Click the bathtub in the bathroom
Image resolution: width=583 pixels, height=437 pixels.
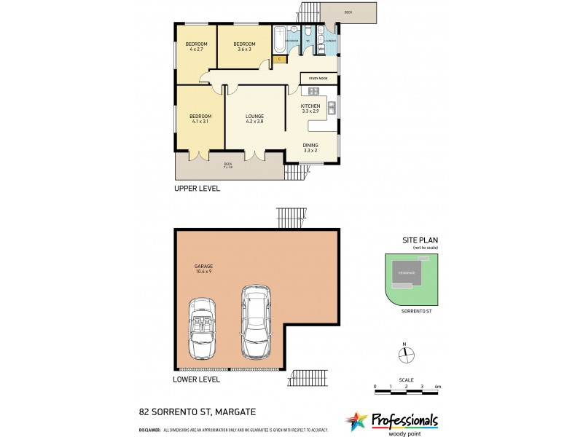click(281, 38)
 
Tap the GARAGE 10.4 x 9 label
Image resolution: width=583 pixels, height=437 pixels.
click(204, 267)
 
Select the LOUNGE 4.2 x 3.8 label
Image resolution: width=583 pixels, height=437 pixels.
click(254, 119)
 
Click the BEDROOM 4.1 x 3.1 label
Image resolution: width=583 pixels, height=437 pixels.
click(200, 119)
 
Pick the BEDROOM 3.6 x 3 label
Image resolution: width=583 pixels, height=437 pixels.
click(243, 47)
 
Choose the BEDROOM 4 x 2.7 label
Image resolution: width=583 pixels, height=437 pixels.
click(197, 47)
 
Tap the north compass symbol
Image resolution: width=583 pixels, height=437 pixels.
click(405, 355)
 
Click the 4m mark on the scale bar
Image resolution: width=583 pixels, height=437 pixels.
click(437, 386)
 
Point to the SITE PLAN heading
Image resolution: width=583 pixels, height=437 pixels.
click(420, 240)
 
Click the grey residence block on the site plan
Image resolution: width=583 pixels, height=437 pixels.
click(407, 273)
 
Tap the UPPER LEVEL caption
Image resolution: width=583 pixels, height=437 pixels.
click(197, 189)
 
